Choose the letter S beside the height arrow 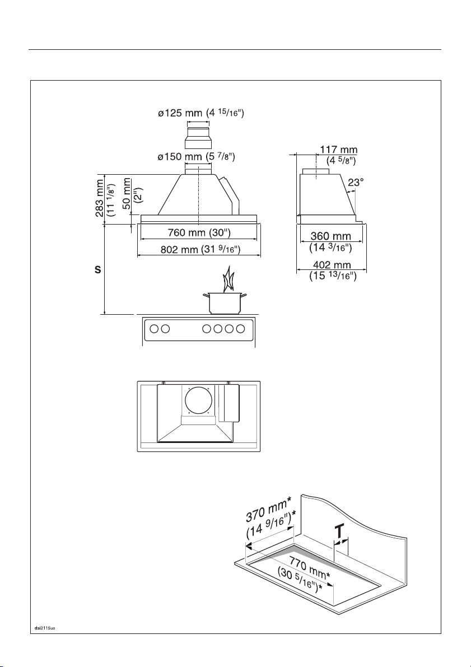(98, 269)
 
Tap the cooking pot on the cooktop (225, 303)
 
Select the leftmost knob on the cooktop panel (154, 328)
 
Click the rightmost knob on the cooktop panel (240, 328)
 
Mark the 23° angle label (356, 183)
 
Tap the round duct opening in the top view (199, 401)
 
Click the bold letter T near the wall (339, 531)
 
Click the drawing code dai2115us (45, 627)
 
